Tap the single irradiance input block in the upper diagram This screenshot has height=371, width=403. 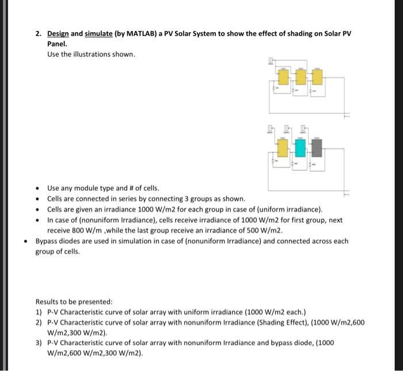click(x=271, y=62)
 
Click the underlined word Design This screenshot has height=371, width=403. click(x=58, y=34)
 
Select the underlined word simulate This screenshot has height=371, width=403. click(x=99, y=34)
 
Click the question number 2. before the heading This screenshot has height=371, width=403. click(x=38, y=34)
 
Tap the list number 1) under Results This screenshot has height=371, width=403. click(x=39, y=312)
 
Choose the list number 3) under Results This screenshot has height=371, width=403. click(x=39, y=343)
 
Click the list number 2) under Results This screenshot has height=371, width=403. click(x=39, y=323)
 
